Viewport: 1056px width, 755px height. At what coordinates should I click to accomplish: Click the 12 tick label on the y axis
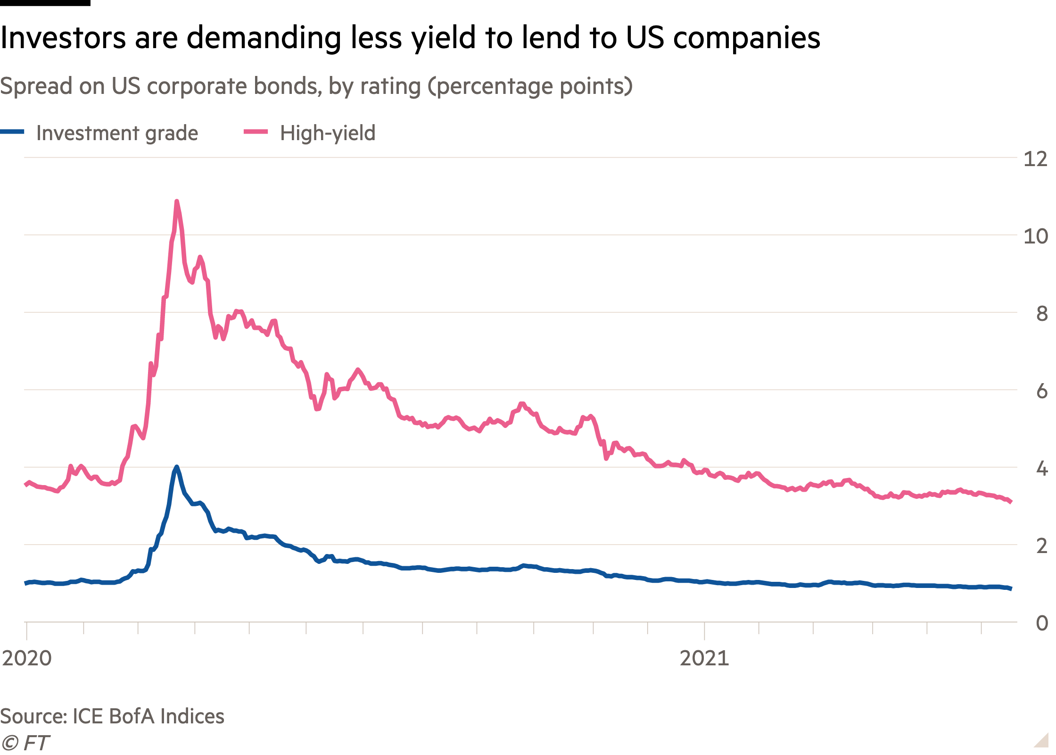[x=1035, y=159]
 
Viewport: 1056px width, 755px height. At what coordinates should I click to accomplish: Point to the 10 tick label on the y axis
[x=1035, y=236]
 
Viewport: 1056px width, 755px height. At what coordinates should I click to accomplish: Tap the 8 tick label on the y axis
[x=1041, y=314]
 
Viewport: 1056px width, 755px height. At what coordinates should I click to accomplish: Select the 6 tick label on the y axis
[x=1041, y=392]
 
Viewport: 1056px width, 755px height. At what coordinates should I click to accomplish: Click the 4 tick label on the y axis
[x=1041, y=469]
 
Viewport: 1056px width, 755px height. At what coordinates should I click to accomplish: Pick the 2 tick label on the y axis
[x=1041, y=546]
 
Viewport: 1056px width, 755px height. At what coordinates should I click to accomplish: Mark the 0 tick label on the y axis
[x=1041, y=624]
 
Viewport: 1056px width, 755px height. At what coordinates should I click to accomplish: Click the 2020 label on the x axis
[x=26, y=658]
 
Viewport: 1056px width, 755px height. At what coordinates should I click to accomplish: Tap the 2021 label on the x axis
[x=704, y=658]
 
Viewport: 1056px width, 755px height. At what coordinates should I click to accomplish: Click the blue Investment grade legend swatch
[x=12, y=133]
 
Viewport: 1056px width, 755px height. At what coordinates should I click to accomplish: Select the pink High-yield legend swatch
[x=256, y=133]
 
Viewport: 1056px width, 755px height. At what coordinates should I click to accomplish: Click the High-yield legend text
[x=328, y=133]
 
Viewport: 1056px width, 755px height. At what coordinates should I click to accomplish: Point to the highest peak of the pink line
[x=177, y=201]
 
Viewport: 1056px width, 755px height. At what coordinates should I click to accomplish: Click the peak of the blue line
[x=177, y=467]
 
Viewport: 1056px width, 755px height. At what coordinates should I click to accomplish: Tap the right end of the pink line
[x=1010, y=502]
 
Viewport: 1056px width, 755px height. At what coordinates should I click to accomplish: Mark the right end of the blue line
[x=1010, y=588]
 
